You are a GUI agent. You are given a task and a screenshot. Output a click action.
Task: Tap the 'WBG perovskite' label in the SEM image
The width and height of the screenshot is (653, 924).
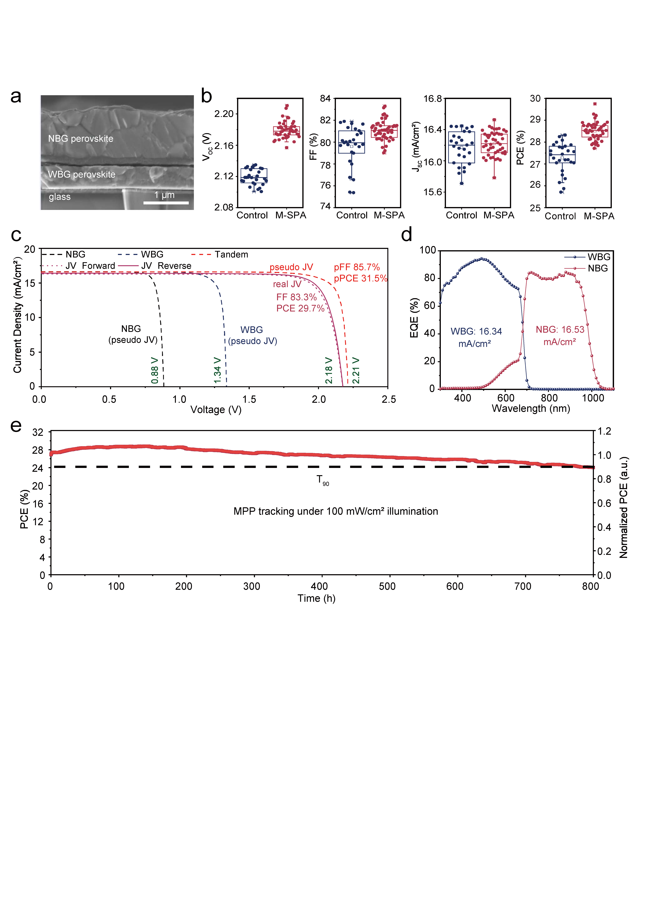(x=82, y=174)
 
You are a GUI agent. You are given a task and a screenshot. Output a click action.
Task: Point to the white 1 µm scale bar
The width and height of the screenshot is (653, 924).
(x=166, y=203)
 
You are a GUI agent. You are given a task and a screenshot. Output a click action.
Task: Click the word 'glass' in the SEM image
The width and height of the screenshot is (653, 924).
(x=59, y=197)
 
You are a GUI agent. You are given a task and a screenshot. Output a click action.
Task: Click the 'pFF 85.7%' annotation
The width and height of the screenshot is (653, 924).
(x=356, y=267)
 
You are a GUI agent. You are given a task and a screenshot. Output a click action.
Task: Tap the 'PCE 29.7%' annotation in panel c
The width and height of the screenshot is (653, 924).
(x=300, y=308)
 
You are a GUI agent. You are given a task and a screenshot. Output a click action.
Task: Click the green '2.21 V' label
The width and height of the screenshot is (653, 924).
(x=356, y=370)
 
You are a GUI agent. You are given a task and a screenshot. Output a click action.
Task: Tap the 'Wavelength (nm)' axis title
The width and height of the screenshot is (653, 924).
(x=531, y=409)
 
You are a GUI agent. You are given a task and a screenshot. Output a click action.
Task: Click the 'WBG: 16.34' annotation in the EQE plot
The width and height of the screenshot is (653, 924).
(x=476, y=331)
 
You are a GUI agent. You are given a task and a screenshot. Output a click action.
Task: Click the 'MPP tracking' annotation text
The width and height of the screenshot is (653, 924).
(x=336, y=511)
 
